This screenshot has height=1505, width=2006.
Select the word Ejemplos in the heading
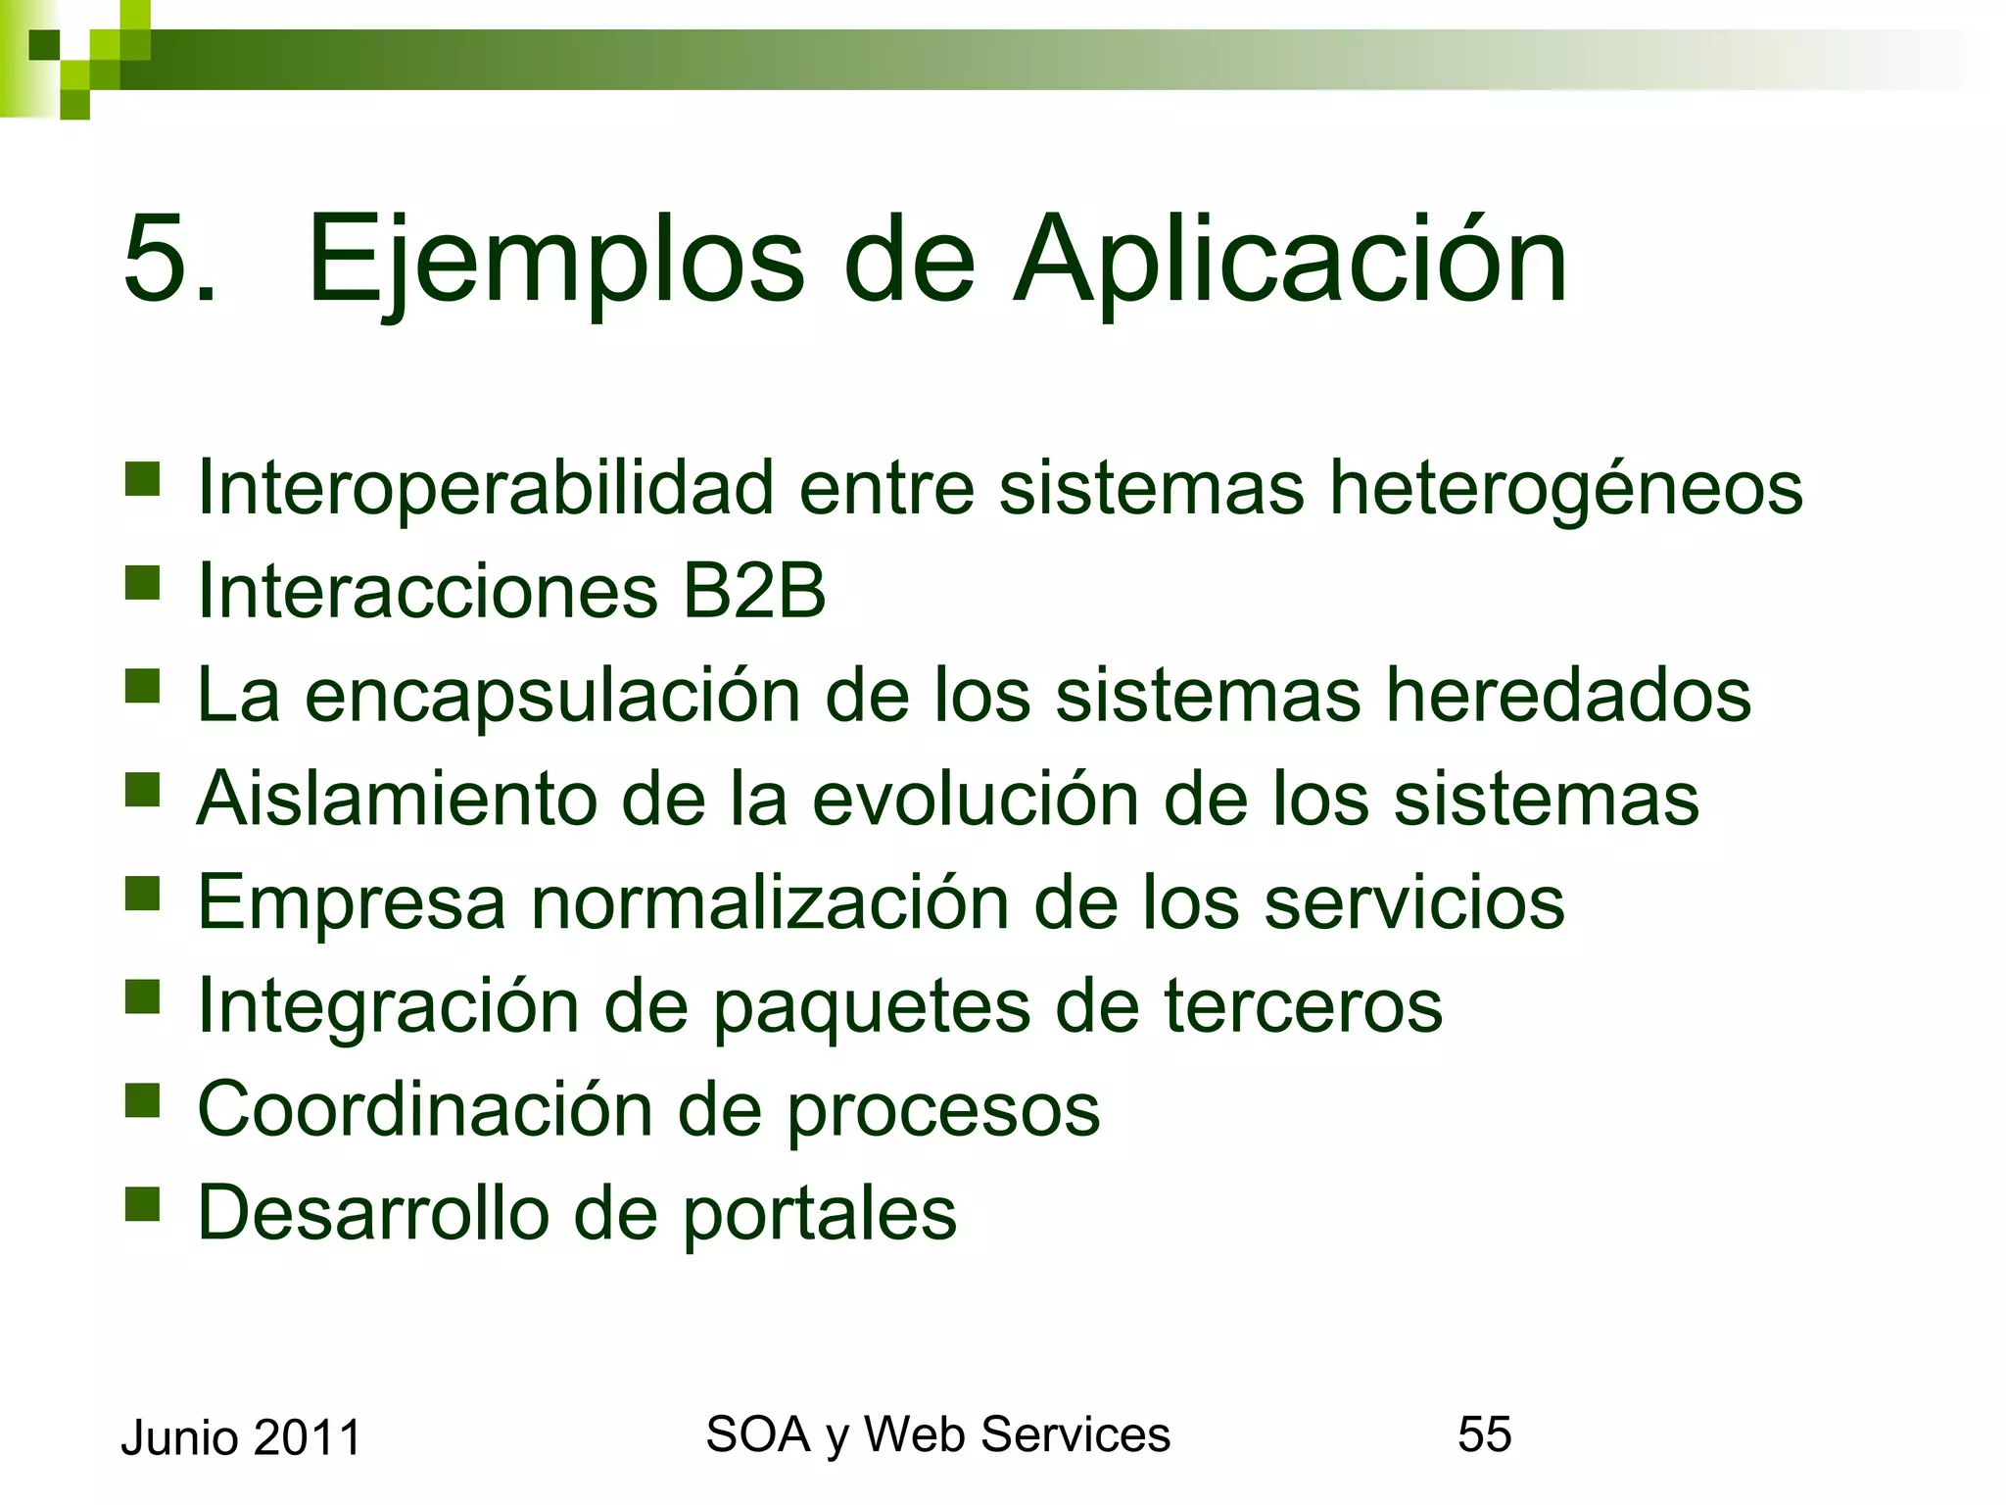555,261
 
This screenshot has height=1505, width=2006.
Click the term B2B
754,591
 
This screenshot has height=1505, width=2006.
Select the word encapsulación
552,696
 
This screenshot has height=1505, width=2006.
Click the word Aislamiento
397,799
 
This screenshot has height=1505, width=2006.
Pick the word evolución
976,799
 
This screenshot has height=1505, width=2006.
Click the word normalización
769,902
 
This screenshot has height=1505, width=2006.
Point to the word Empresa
352,902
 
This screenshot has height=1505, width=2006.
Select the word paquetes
872,1007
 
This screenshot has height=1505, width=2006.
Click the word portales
819,1214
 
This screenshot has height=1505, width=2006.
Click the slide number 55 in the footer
1484,1434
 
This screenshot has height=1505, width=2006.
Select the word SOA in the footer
757,1434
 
